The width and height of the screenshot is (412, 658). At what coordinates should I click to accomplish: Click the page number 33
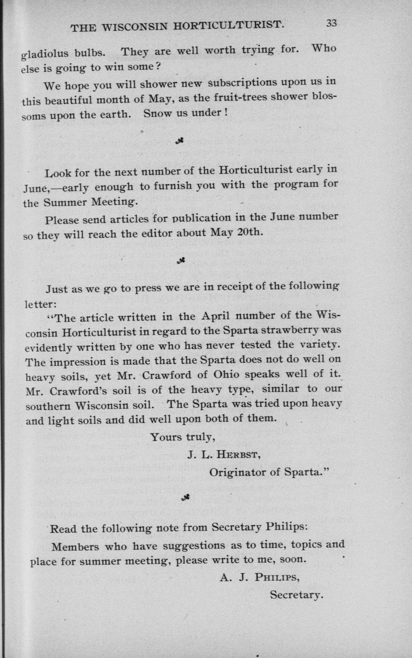332,23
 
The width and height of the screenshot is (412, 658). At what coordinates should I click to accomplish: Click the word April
215,316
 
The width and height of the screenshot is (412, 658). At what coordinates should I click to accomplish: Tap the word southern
48,406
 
